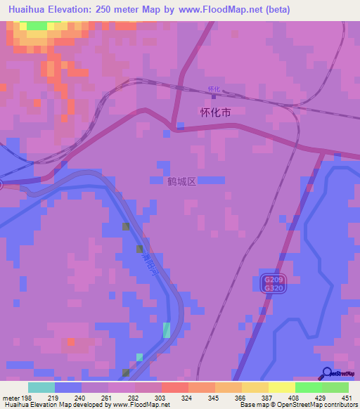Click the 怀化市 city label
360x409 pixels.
pyautogui.click(x=215, y=112)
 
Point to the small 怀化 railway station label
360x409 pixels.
pyautogui.click(x=214, y=89)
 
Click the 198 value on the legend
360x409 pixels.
pyautogui.click(x=27, y=398)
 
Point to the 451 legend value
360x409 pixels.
pyautogui.click(x=345, y=398)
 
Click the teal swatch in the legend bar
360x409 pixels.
pyautogui.click(x=41, y=387)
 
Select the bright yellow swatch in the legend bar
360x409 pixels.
pyautogui.click(x=281, y=387)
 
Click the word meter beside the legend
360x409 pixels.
pyautogui.click(x=11, y=398)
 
